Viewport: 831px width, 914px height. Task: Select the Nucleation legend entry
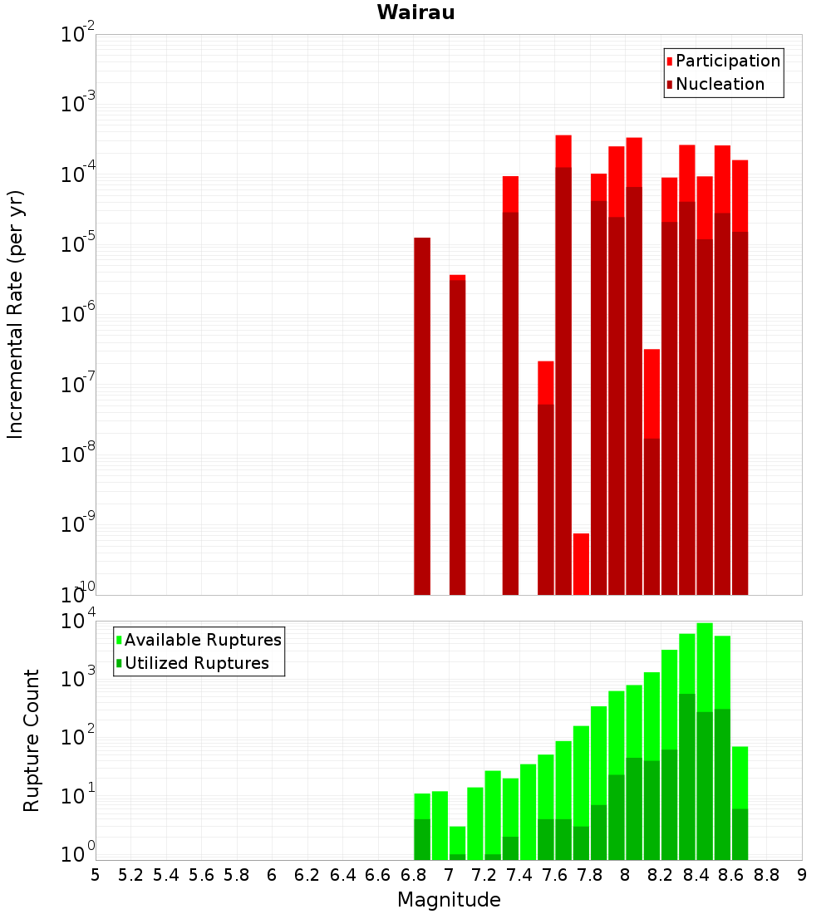720,84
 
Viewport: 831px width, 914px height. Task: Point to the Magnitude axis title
449,900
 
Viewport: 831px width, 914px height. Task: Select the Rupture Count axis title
32,740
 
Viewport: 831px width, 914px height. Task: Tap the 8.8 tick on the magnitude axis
766,875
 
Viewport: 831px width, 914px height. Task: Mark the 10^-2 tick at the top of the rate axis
78,35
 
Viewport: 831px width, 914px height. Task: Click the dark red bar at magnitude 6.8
422,415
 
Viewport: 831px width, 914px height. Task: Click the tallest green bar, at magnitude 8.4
705,665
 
